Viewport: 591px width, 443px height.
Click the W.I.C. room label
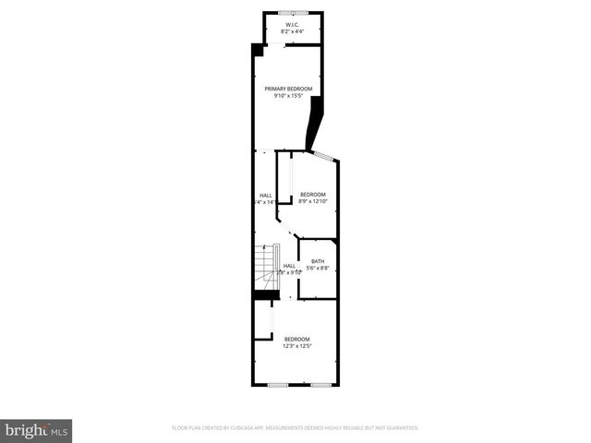(x=292, y=24)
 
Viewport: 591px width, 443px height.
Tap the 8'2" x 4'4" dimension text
(x=292, y=31)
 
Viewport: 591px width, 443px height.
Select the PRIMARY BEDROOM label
(x=288, y=89)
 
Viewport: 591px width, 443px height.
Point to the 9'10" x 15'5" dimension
(x=288, y=96)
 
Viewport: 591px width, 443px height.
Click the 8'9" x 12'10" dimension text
(x=313, y=201)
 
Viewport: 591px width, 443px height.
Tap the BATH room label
(x=318, y=261)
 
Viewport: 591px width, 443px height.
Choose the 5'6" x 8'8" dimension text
(x=318, y=269)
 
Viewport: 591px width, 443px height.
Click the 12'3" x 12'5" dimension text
(x=297, y=346)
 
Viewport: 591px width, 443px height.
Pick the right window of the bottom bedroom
(x=320, y=383)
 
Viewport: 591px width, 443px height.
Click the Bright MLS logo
(x=37, y=430)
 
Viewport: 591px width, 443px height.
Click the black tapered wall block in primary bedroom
(x=317, y=124)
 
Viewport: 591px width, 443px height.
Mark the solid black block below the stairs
(x=265, y=294)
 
